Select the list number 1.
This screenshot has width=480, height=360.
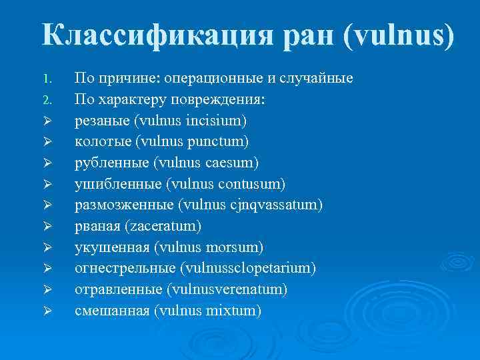point(46,79)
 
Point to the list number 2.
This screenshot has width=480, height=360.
point(46,101)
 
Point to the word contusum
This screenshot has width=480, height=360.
point(251,184)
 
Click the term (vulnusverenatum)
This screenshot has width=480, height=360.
point(227,289)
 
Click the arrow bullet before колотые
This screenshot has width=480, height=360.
point(46,142)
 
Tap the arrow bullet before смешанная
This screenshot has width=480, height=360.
point(46,311)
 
